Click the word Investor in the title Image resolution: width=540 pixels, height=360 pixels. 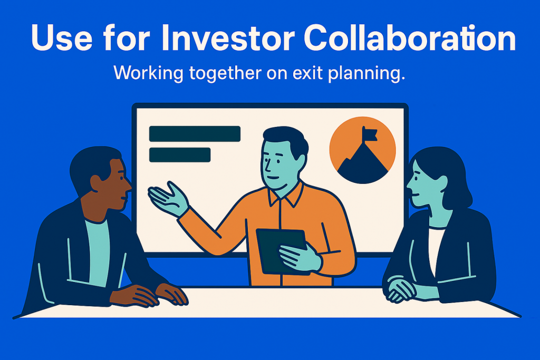228,38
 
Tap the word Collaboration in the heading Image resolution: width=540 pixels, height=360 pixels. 409,37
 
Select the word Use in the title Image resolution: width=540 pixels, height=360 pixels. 62,38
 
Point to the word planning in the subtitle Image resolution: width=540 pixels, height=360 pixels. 366,74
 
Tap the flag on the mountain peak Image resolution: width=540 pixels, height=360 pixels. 370,134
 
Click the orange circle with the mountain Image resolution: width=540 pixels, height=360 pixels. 362,150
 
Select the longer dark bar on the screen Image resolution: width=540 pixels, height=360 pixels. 195,134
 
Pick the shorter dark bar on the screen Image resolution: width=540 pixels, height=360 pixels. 179,155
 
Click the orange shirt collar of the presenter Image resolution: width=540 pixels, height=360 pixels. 285,195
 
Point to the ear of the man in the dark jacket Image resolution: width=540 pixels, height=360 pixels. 97,183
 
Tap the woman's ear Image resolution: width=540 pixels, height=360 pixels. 441,182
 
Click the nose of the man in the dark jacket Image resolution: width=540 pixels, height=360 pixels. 127,186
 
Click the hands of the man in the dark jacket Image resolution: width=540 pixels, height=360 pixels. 149,295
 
